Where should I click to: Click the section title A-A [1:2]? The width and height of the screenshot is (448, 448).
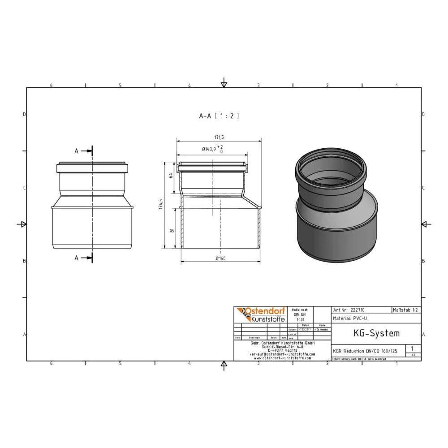pos(219,116)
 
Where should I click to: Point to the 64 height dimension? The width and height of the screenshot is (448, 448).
pos(171,175)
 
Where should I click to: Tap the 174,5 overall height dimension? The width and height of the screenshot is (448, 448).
pos(160,204)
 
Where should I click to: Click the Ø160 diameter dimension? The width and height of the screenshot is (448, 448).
pos(220,258)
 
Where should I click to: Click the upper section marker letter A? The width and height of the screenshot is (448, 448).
pos(76,151)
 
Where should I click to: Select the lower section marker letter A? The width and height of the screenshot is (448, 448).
pos(76,258)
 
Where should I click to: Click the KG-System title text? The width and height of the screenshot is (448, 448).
pos(370,333)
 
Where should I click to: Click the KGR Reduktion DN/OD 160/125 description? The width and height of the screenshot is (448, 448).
pos(365,351)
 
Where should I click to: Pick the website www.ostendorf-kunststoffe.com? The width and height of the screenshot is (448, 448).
pos(282,358)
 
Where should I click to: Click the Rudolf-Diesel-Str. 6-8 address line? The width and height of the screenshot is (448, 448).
pos(282,346)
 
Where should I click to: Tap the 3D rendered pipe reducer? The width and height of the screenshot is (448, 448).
pos(336,204)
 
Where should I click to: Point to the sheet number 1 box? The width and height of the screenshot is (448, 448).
pos(412,348)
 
